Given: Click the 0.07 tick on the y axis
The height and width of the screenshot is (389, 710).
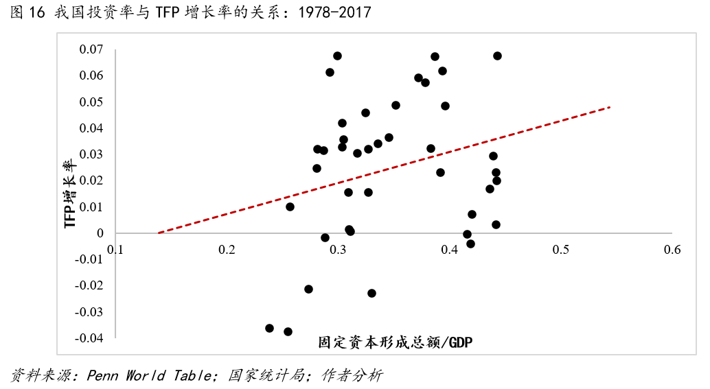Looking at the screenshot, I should coord(91,49).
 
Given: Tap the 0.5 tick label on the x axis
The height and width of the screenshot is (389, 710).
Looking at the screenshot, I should coord(561,250).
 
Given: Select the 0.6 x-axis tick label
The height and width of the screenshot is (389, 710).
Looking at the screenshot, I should coord(672,250).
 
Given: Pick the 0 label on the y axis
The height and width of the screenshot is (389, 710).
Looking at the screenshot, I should coord(100,233).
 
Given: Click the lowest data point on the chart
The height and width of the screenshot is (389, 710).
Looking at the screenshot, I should coord(288,331).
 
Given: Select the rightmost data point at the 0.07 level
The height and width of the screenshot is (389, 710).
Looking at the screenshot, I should coord(497,56).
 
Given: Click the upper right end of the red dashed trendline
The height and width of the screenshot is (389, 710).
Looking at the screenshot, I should coord(609,107).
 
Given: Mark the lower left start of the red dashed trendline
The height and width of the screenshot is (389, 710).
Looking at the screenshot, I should coord(159,233).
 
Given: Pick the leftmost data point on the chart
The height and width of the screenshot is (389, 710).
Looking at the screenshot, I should coord(269,328).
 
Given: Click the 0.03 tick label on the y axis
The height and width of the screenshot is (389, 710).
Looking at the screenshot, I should coord(91,154).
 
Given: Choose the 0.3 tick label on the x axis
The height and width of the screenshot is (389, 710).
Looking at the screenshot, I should coord(338,250).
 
